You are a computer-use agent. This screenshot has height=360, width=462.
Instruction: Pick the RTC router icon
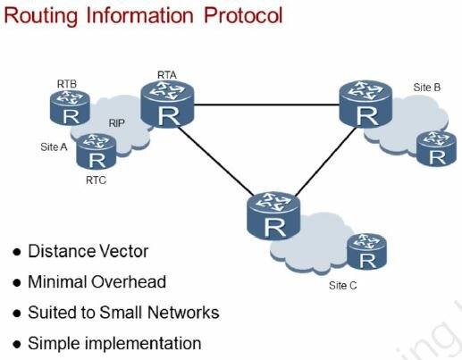click(97, 152)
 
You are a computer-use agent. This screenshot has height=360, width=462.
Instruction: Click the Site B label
click(427, 88)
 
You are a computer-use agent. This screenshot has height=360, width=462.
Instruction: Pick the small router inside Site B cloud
click(436, 148)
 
